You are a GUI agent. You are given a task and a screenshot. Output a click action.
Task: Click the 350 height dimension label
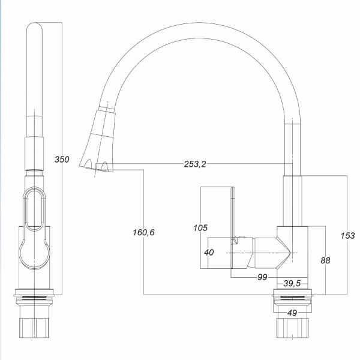[x=62, y=159]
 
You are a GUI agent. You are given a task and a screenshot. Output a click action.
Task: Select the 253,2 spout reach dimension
[x=195, y=164]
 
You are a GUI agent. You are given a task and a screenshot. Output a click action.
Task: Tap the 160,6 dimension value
[x=144, y=232]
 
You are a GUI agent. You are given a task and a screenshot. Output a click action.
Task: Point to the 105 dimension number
[x=200, y=228]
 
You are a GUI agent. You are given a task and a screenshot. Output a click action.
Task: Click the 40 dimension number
[x=209, y=253]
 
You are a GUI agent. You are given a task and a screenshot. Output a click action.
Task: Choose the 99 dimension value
[x=262, y=277]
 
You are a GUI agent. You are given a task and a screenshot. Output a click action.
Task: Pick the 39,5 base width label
[x=292, y=283]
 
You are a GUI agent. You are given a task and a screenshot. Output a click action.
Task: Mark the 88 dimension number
[x=325, y=260]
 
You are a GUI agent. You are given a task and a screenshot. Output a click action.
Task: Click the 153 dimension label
[x=347, y=236]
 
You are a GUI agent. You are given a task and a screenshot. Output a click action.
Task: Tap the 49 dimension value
[x=292, y=313]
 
